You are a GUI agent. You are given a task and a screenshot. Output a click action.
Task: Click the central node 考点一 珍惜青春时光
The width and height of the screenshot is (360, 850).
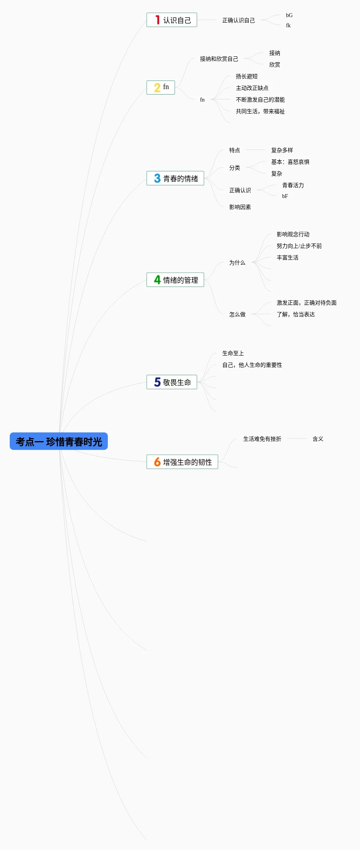pos(59,442)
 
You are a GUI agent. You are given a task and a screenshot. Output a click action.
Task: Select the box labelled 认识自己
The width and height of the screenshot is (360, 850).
pos(172,20)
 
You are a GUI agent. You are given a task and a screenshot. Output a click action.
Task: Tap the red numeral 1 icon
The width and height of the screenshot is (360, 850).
pos(157,20)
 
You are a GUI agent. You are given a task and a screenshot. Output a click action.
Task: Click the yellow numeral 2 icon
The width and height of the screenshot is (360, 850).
pos(157,88)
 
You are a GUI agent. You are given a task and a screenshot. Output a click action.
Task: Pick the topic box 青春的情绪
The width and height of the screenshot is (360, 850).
pos(175,179)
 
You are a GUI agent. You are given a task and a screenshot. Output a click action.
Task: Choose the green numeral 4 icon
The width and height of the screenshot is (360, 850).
pos(157,280)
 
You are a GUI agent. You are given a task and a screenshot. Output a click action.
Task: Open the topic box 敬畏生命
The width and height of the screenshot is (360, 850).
pos(172,382)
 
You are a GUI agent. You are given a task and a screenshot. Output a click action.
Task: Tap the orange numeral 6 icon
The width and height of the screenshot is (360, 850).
pos(157,462)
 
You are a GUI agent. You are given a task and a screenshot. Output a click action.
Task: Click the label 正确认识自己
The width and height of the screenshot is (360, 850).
pos(238,20)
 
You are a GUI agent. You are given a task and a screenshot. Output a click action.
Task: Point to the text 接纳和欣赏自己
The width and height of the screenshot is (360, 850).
pos(219,59)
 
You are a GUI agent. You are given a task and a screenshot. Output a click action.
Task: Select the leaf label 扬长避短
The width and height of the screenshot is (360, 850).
pos(246,76)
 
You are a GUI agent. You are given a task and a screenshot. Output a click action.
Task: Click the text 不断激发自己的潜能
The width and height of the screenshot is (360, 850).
pos(260,100)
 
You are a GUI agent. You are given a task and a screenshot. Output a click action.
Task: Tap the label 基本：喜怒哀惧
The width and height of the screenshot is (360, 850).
pos(290,162)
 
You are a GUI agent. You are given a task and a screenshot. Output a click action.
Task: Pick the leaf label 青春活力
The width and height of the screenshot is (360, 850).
pos(293,185)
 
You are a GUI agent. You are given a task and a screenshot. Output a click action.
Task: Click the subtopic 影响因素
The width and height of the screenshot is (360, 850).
pos(240,207)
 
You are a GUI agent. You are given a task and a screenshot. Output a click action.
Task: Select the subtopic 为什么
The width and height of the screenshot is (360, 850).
pos(237,263)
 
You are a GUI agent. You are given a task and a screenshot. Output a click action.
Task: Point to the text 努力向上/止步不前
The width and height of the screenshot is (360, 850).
pos(299,246)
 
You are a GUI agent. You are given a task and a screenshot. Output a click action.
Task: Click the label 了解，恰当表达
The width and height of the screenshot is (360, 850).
pos(295,314)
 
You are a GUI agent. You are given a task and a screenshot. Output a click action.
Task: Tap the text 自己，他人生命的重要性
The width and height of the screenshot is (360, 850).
pos(252,365)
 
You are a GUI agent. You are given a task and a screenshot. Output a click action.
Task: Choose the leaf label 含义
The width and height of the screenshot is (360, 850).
pos(318,439)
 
